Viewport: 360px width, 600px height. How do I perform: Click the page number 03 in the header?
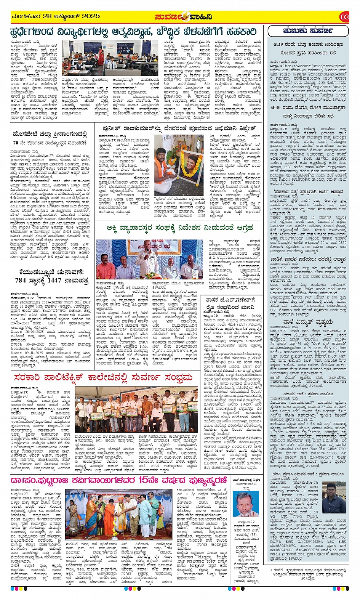coord(344,17)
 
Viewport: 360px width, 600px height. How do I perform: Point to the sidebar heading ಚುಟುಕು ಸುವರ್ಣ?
coord(308,31)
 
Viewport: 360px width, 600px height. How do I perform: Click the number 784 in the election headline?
coord(21,280)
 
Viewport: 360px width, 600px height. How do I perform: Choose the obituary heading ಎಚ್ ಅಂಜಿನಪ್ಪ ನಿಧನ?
coord(246,480)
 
